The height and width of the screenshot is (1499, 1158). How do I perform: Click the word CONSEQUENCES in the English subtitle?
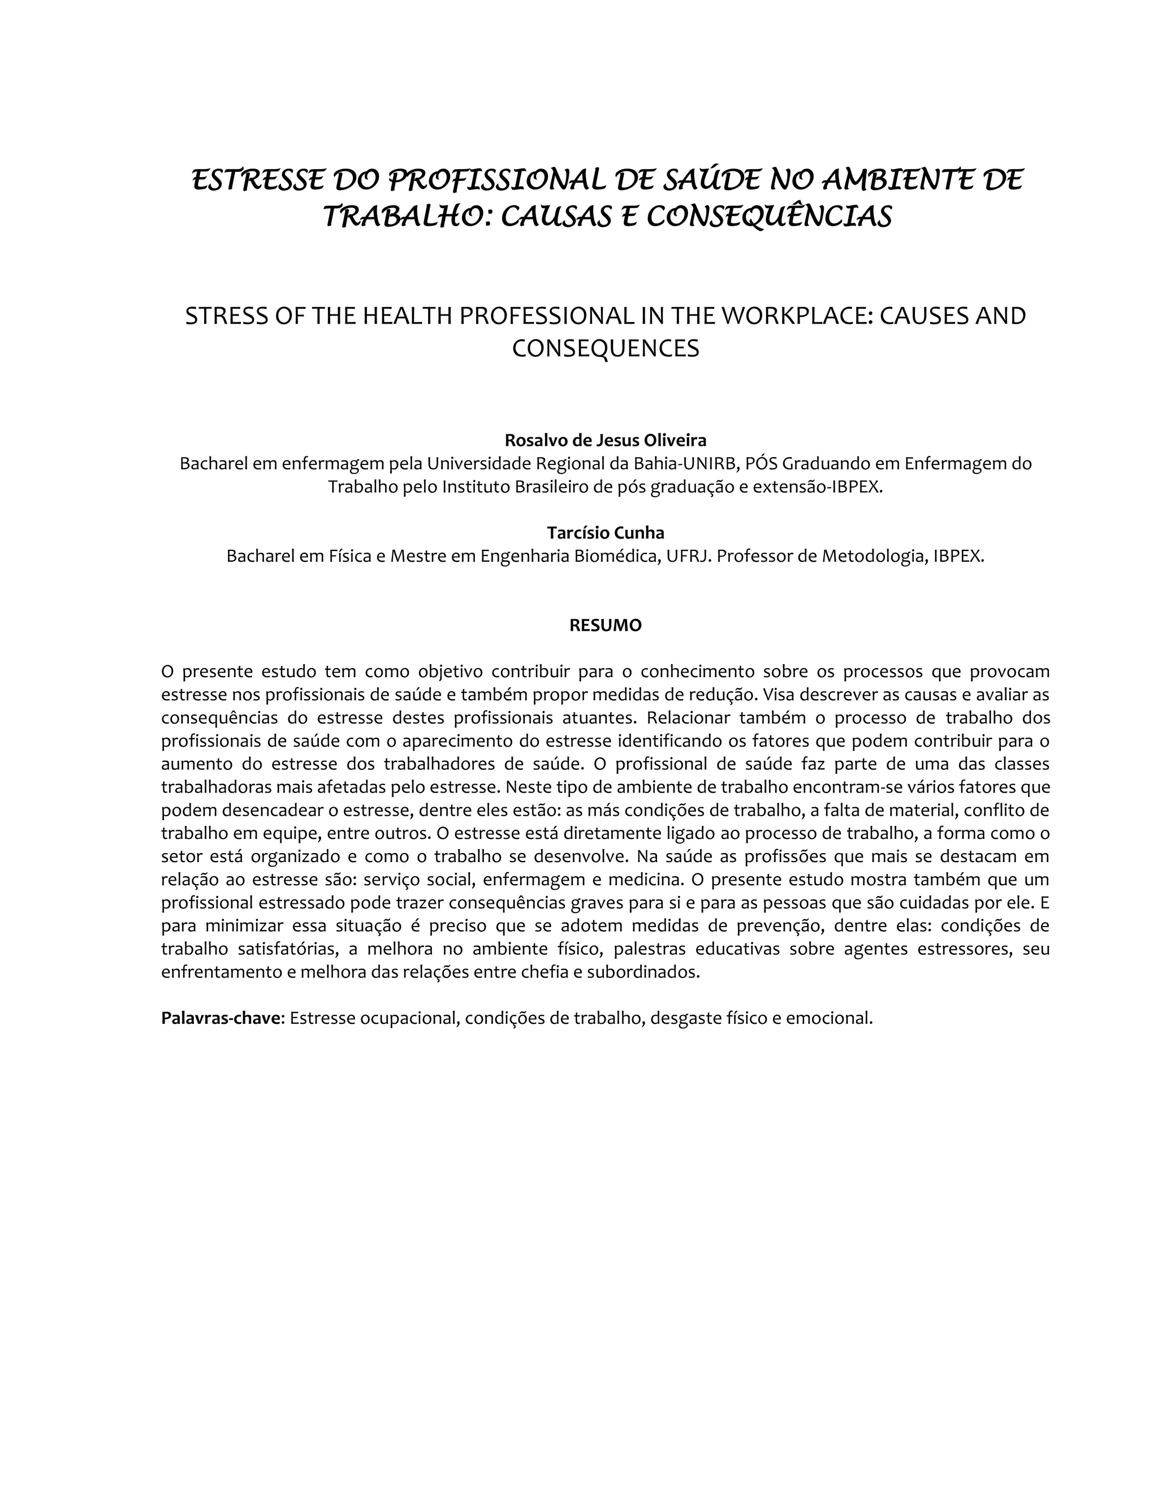tap(605, 348)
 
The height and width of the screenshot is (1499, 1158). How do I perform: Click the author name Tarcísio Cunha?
tap(605, 533)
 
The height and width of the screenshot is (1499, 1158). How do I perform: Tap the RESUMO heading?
tap(605, 625)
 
